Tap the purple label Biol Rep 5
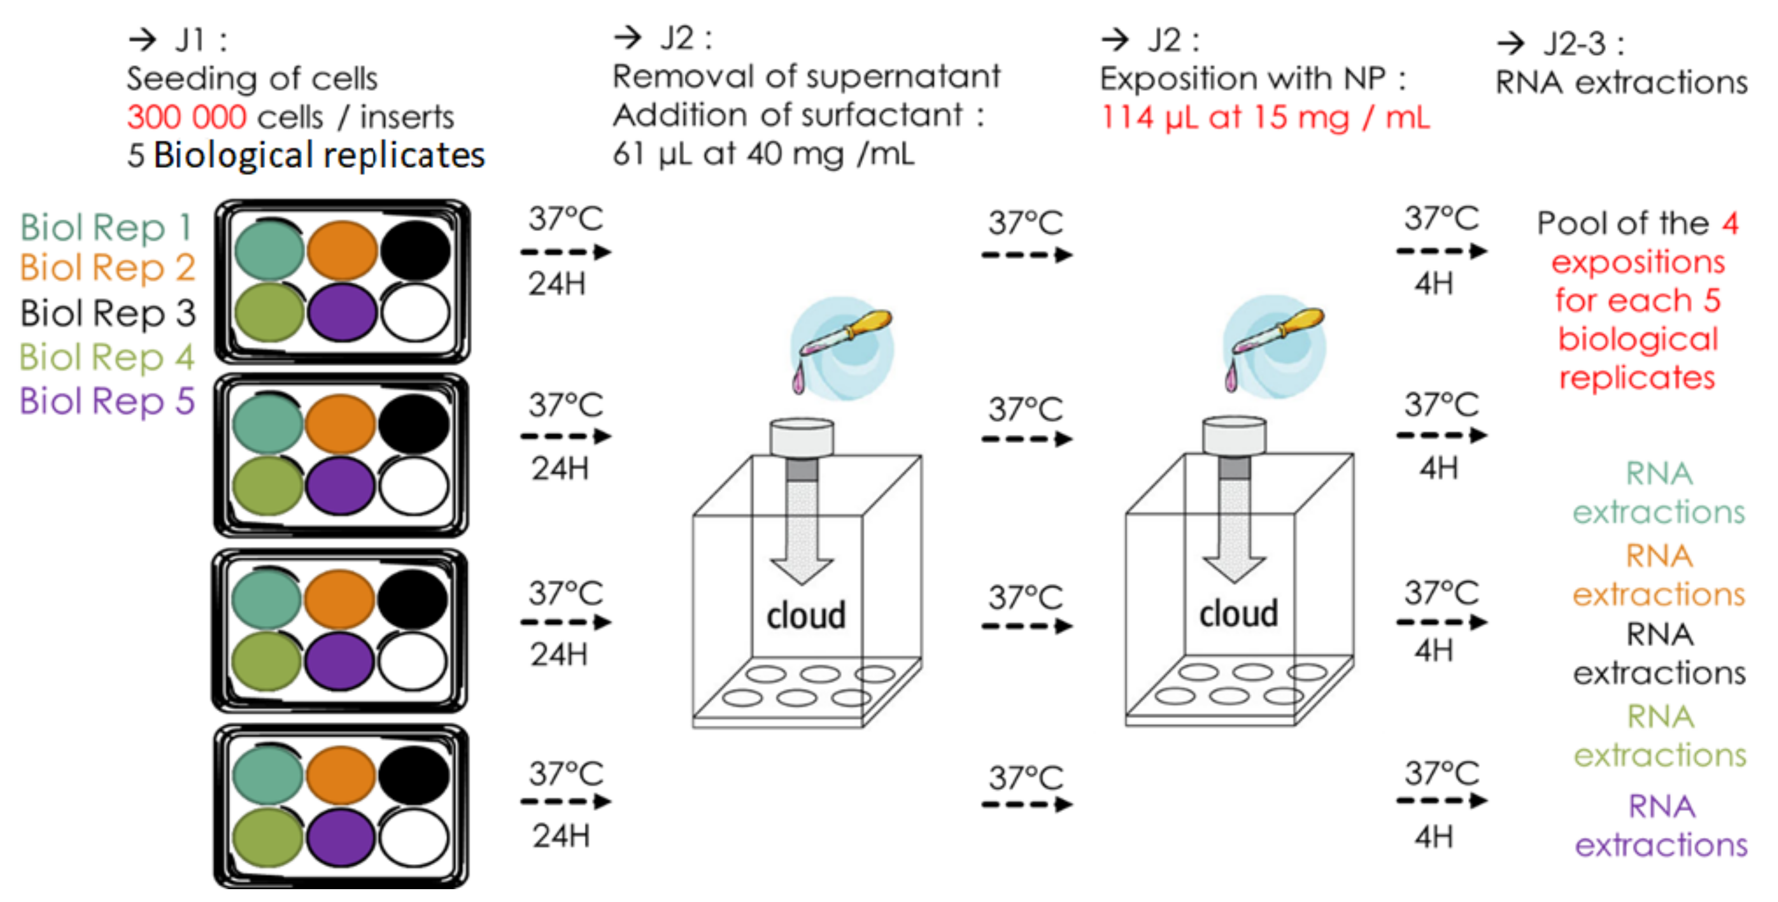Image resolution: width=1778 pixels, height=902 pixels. (x=108, y=401)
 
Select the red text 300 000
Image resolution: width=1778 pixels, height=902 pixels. (x=187, y=117)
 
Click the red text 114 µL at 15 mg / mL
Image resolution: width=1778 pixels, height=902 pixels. (x=1264, y=117)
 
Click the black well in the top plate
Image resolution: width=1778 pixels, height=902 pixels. (x=415, y=250)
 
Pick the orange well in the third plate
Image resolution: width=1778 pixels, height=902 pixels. (x=339, y=598)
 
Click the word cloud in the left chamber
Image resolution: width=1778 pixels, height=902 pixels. (x=805, y=615)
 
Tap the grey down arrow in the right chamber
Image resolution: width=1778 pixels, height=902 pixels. (x=1234, y=531)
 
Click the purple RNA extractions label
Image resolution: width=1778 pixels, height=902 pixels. (x=1661, y=826)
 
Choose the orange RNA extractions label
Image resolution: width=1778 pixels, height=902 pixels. (x=1658, y=575)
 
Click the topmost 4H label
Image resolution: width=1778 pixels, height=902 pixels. (x=1433, y=284)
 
